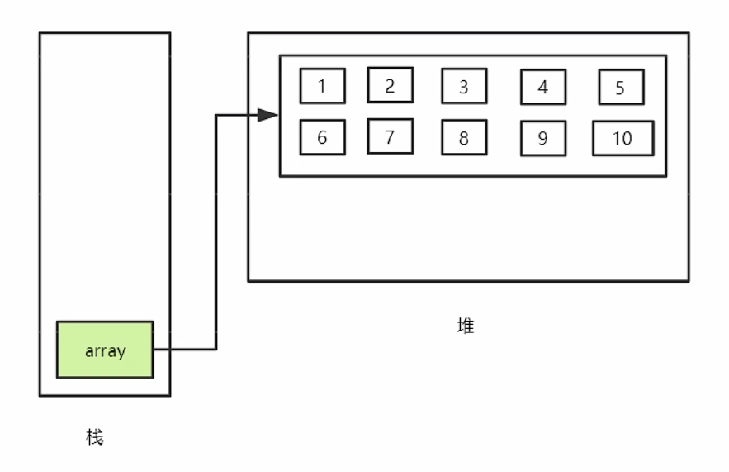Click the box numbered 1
click(x=322, y=85)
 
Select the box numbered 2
click(x=390, y=84)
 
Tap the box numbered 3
click(x=463, y=86)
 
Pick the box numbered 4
click(x=542, y=87)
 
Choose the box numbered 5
click(x=620, y=88)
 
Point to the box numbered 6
click(x=322, y=137)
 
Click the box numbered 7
click(x=390, y=136)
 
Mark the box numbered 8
click(x=463, y=138)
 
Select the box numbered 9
click(x=542, y=139)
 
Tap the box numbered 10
click(x=622, y=138)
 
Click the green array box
click(x=105, y=350)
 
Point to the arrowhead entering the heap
click(x=268, y=115)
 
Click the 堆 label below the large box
click(x=466, y=327)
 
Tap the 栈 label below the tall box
click(x=95, y=437)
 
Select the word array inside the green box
click(x=105, y=350)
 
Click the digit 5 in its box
click(x=620, y=88)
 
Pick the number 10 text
click(x=622, y=139)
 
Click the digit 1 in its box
click(x=322, y=86)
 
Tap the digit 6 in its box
click(x=322, y=138)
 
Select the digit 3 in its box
click(x=463, y=87)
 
